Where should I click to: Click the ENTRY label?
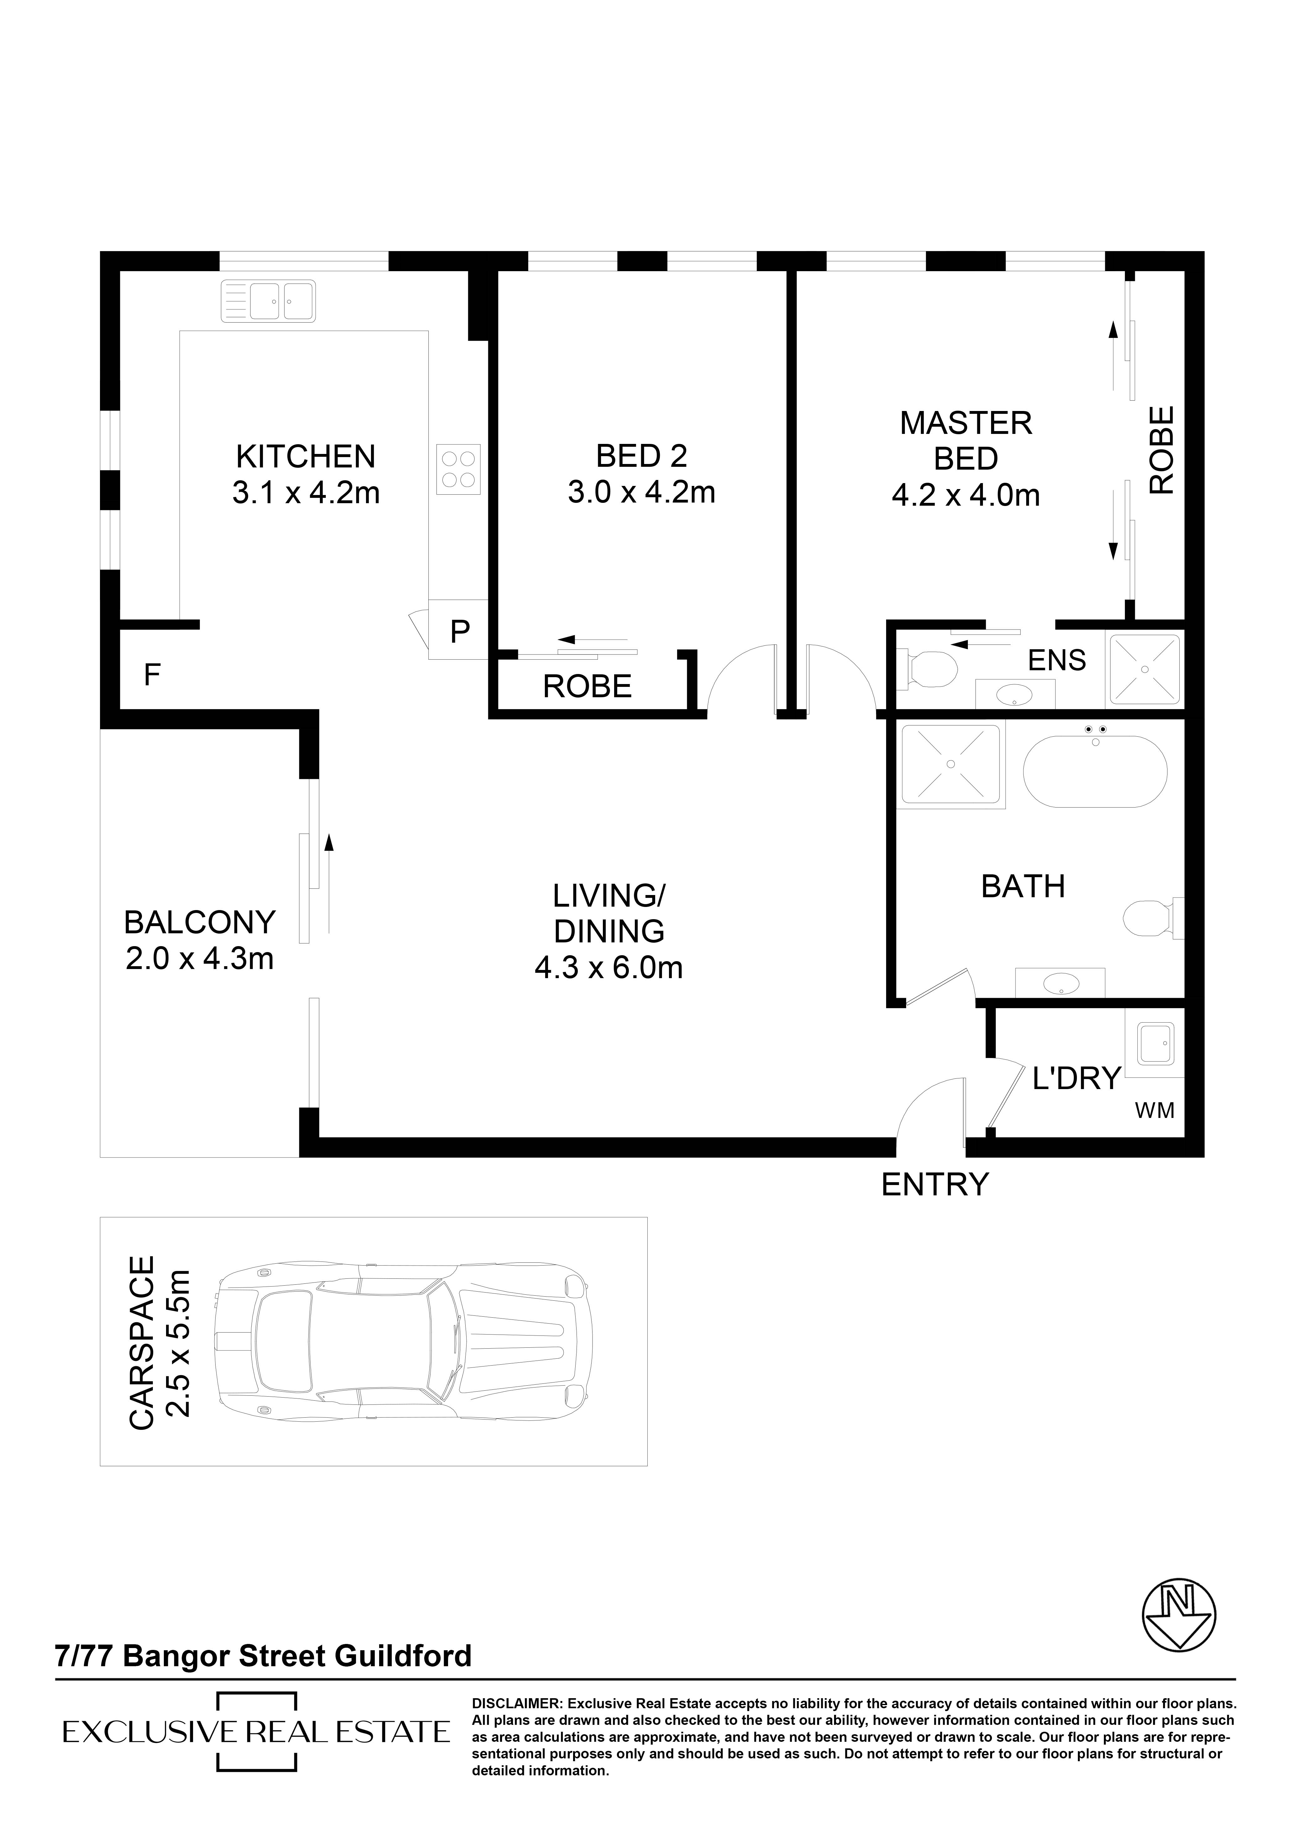[935, 1185]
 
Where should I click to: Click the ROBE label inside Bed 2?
[587, 687]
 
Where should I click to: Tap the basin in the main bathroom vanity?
[1060, 983]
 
